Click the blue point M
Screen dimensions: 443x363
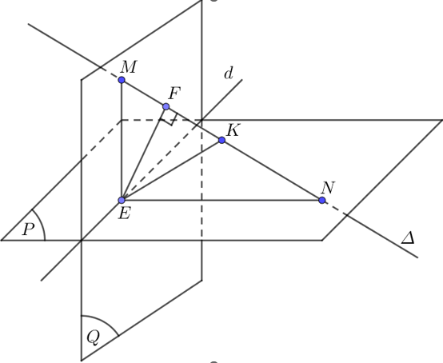click(x=122, y=80)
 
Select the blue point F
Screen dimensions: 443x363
click(x=166, y=106)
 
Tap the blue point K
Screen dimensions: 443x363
click(x=221, y=140)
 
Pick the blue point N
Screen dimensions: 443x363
click(x=321, y=200)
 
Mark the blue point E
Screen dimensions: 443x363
click(x=122, y=200)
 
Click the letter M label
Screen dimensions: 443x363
click(x=129, y=67)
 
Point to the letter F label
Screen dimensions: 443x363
click(x=174, y=94)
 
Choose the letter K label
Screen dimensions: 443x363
click(x=233, y=130)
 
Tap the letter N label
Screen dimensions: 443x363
click(x=328, y=188)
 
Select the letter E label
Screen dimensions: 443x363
click(x=124, y=213)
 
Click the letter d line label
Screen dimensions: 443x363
click(x=229, y=74)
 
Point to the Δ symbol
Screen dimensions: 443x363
click(x=408, y=238)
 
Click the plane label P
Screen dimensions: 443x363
click(x=29, y=229)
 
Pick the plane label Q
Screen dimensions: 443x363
click(x=94, y=337)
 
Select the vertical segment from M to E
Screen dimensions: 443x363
click(x=122, y=140)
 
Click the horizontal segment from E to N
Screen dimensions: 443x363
click(x=221, y=200)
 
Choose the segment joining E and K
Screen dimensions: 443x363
click(x=172, y=170)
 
